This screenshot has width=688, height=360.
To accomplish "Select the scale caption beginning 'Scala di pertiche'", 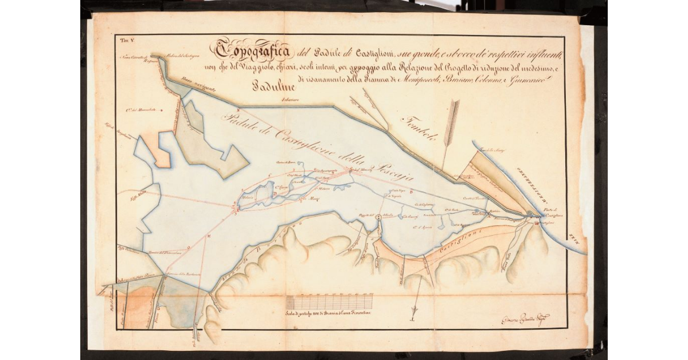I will (330, 314).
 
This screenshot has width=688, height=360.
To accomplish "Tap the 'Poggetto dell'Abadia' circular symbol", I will (378, 217).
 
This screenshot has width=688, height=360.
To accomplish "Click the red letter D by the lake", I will (275, 194).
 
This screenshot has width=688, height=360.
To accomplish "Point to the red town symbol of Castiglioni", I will (536, 224).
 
